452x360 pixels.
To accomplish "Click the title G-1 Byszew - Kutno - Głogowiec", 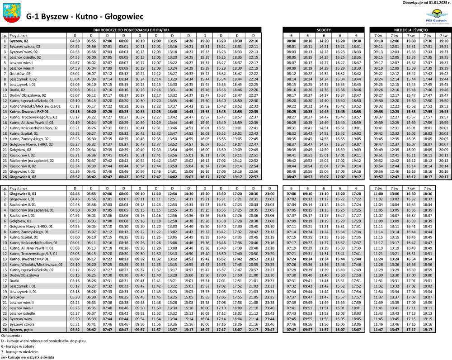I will click(85, 17).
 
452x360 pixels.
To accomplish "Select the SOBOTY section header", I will click(324, 29).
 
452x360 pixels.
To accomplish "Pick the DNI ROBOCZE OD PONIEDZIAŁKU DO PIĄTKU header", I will click(131, 29).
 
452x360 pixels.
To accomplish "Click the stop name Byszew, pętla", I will click(21, 330).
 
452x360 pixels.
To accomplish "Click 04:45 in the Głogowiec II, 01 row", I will click(75, 193).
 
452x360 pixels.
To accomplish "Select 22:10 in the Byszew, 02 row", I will click(254, 41).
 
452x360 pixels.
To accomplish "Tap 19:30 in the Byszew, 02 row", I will click(443, 41).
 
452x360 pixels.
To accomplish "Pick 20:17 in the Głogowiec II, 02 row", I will click(443, 177).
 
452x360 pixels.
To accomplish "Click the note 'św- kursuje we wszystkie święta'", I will click(28, 357).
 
